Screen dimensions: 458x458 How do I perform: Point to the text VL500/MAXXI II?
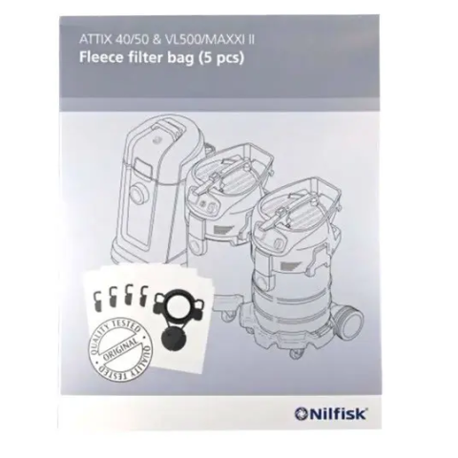click(x=209, y=41)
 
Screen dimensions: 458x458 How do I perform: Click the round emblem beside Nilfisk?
click(x=300, y=415)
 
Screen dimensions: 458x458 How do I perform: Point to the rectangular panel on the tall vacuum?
click(x=142, y=166)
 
